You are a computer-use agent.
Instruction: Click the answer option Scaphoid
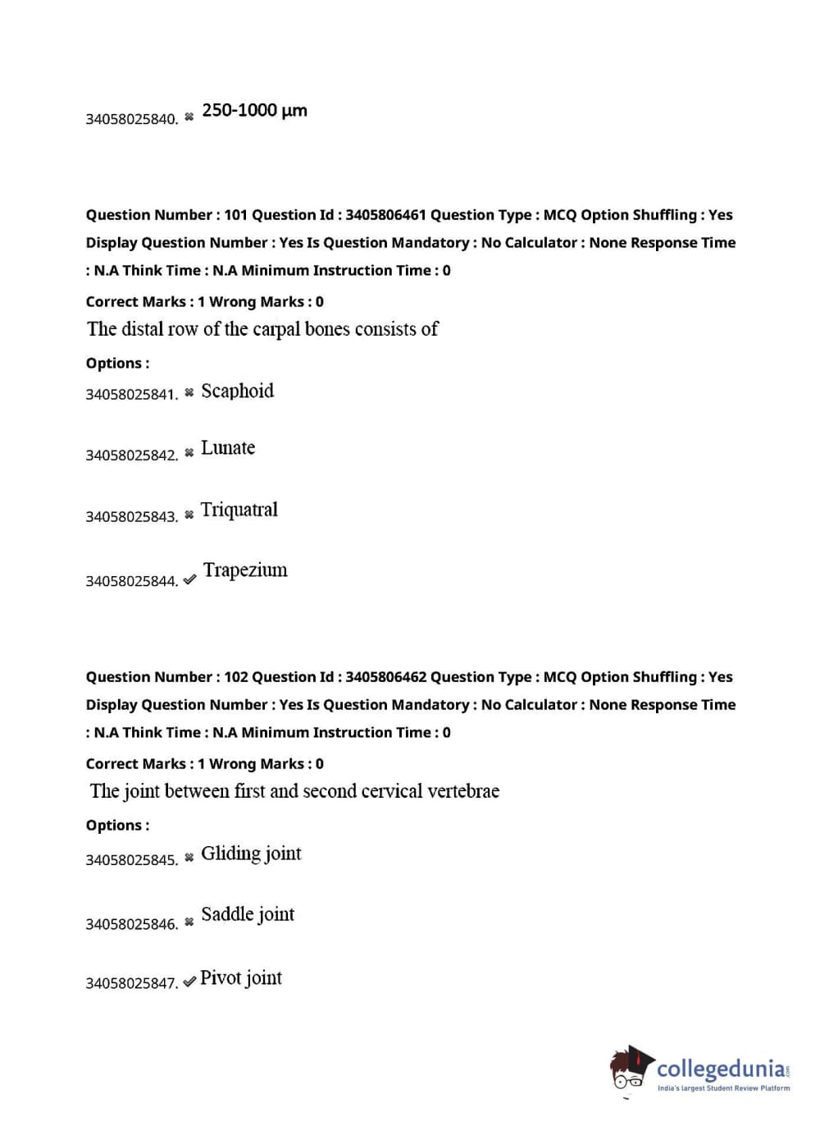click(237, 391)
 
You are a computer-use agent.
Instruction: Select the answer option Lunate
click(228, 448)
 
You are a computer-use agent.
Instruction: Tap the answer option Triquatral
click(239, 510)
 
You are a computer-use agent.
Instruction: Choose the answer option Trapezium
click(245, 570)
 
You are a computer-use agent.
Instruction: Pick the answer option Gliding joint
click(251, 854)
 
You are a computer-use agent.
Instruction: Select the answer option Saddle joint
click(248, 914)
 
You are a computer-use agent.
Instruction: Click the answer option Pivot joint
click(241, 978)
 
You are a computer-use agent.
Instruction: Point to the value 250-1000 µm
click(254, 111)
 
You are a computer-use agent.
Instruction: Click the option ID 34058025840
click(131, 119)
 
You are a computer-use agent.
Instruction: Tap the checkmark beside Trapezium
click(189, 579)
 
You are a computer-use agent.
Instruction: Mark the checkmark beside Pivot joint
click(189, 982)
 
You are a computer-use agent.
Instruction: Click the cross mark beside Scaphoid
click(189, 392)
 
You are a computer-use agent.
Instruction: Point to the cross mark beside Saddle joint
click(189, 922)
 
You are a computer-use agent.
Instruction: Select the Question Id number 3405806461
click(385, 215)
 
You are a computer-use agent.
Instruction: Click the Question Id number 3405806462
click(385, 677)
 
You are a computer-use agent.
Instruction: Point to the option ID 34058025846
click(131, 924)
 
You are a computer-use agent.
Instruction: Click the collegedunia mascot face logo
click(630, 1069)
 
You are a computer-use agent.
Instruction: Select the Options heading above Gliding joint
click(117, 826)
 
